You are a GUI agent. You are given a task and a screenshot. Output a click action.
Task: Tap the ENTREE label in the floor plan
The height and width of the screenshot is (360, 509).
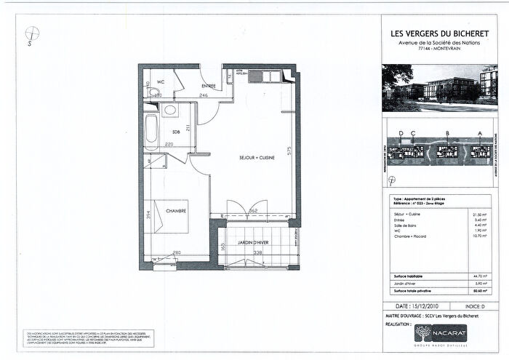pos(209,86)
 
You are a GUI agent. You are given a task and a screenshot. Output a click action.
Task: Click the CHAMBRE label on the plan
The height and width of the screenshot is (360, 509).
pos(177,212)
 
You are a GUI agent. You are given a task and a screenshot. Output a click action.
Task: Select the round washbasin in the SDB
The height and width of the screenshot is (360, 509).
pos(169,111)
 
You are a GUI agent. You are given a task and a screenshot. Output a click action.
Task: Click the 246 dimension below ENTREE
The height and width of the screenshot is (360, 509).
pos(205,95)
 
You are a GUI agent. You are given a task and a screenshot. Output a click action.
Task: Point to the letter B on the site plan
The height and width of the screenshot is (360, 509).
pos(449,133)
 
